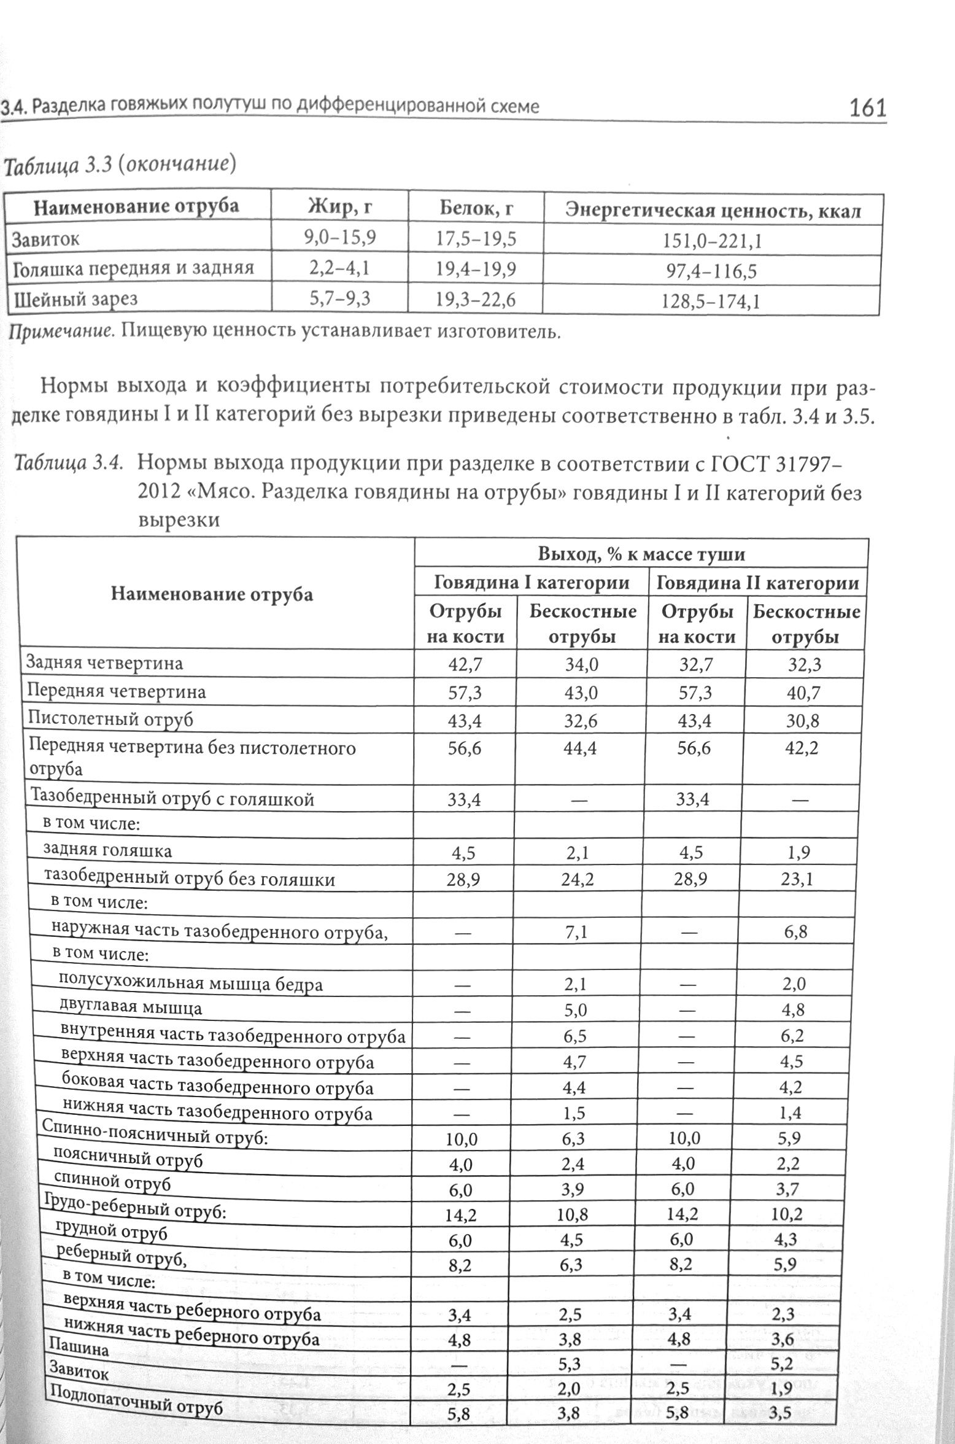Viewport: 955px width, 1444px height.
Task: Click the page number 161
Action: pos(867,108)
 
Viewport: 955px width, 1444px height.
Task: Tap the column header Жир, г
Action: pos(339,208)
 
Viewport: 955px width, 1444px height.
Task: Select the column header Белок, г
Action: pos(476,209)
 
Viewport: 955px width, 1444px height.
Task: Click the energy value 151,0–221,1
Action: pos(712,241)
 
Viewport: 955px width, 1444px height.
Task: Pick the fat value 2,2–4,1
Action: pos(339,268)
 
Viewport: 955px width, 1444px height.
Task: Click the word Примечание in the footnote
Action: pos(61,332)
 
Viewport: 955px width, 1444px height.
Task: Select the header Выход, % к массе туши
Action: pos(641,554)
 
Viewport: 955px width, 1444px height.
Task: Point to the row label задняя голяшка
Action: pos(107,850)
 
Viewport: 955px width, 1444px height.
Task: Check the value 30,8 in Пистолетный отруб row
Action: pos(803,721)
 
